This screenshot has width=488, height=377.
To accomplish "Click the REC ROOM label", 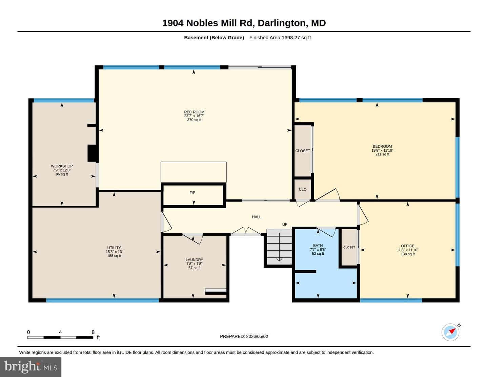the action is pos(194,112).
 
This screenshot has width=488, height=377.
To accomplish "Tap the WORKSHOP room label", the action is pos(62,166).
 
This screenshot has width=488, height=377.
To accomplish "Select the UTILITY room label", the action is pos(114,248).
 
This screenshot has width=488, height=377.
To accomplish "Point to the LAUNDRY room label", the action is pos(195,260).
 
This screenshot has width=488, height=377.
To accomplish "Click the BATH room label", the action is pos(318,246).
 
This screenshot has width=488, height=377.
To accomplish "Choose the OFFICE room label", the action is pos(408,246).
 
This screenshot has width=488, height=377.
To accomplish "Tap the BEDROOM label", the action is pos(382,146).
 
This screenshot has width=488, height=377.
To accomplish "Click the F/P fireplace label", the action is pos(192,193).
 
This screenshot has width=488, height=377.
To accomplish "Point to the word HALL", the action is pos(257,217).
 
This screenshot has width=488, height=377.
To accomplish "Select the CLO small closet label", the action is pos(303,189).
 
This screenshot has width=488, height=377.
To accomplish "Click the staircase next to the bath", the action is pos(279,247).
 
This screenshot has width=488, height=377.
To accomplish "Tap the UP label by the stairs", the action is pos(285,224).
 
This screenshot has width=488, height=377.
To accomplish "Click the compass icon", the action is pos(450,332).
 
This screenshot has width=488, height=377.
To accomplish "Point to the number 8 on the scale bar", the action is pos(93,332).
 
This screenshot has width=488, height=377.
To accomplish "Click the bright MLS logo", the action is pos(31,367).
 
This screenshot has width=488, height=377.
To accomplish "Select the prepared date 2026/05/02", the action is pos(257,336).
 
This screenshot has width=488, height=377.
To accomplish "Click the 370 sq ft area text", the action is pos(194,120).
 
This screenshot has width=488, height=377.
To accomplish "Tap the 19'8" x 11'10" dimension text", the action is pos(382,150).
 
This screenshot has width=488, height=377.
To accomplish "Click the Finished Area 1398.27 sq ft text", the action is pos(280,38).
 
